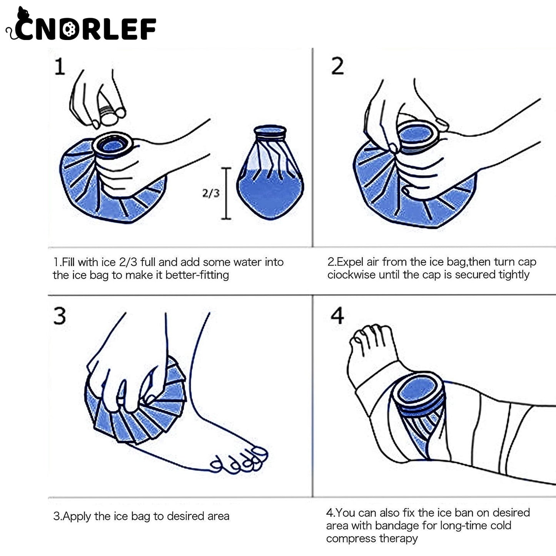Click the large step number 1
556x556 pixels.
click(x=60, y=67)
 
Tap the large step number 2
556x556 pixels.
click(x=337, y=67)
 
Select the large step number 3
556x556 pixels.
click(x=60, y=316)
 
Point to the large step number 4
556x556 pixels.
click(x=337, y=316)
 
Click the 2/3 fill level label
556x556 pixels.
click(x=210, y=193)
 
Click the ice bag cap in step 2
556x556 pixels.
click(x=417, y=135)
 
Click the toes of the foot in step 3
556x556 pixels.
click(x=239, y=460)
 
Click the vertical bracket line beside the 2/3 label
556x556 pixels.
click(x=226, y=193)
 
